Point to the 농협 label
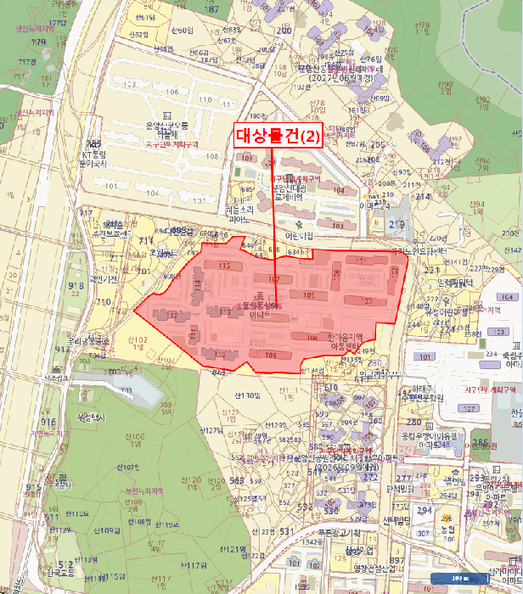pos(449,530)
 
